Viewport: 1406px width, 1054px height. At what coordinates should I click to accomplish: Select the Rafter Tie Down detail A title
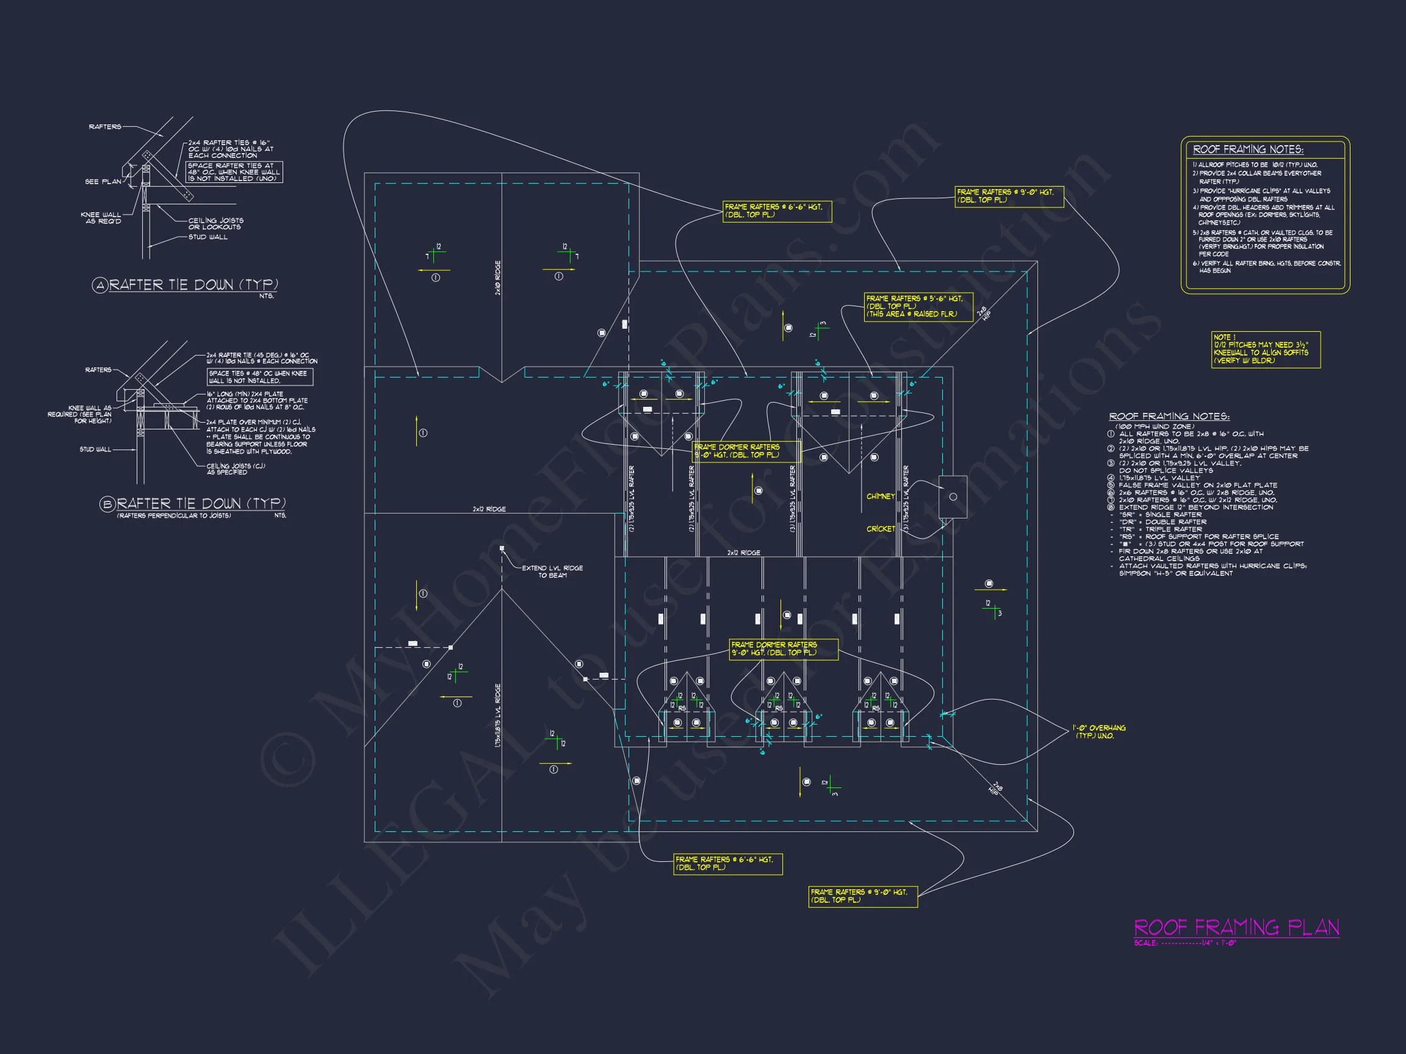pyautogui.click(x=193, y=285)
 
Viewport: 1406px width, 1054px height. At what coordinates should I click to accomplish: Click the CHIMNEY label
pyautogui.click(x=881, y=496)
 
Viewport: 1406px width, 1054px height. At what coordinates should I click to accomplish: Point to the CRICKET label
pyautogui.click(x=881, y=529)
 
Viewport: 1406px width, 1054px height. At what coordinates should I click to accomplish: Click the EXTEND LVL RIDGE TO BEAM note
pyautogui.click(x=552, y=572)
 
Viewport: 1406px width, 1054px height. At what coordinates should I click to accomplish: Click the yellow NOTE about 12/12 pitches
pyautogui.click(x=1266, y=350)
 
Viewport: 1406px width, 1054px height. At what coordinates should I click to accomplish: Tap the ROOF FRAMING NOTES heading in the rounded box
pyautogui.click(x=1248, y=150)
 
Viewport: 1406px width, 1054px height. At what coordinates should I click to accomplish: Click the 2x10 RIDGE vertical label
pyautogui.click(x=498, y=278)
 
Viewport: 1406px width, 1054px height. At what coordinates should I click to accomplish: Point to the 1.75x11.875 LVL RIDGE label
pyautogui.click(x=498, y=715)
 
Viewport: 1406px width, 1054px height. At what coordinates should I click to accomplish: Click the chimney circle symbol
pyautogui.click(x=953, y=497)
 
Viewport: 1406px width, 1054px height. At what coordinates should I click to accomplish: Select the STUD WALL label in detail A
pyautogui.click(x=208, y=237)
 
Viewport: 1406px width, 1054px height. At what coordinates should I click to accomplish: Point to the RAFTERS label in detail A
pyautogui.click(x=105, y=127)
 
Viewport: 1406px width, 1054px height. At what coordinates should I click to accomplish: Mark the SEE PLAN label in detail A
pyautogui.click(x=103, y=182)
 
